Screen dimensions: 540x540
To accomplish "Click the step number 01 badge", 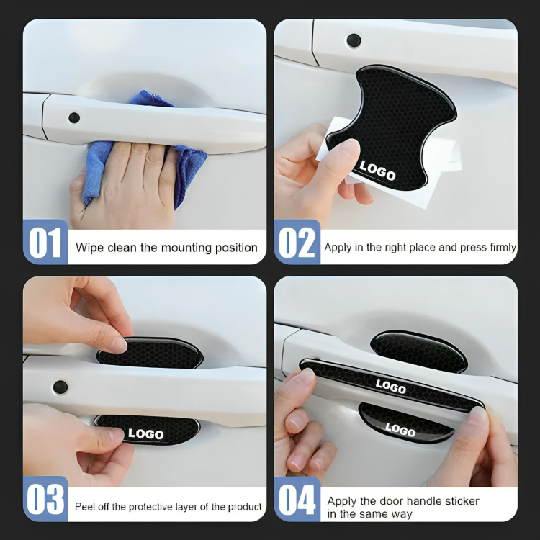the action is tap(45, 242).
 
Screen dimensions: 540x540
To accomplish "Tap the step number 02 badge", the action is tap(297, 242).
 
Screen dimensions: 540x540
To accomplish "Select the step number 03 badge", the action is tap(45, 499).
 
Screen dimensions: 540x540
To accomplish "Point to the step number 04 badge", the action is tap(297, 499).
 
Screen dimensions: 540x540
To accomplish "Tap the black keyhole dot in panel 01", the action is tap(74, 118).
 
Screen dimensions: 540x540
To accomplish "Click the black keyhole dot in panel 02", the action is tap(354, 40).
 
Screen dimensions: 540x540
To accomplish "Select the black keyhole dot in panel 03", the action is tap(60, 387).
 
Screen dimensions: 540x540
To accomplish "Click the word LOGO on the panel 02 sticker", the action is tap(377, 171).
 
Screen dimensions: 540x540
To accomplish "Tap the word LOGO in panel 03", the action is tap(145, 433).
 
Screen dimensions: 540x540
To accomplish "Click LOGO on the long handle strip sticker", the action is tap(391, 387).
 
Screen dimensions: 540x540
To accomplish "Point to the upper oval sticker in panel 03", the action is tap(150, 352).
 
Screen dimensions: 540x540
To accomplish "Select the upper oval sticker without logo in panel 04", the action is tap(419, 351).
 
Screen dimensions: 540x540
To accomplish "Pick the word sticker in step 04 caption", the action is tap(462, 500).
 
